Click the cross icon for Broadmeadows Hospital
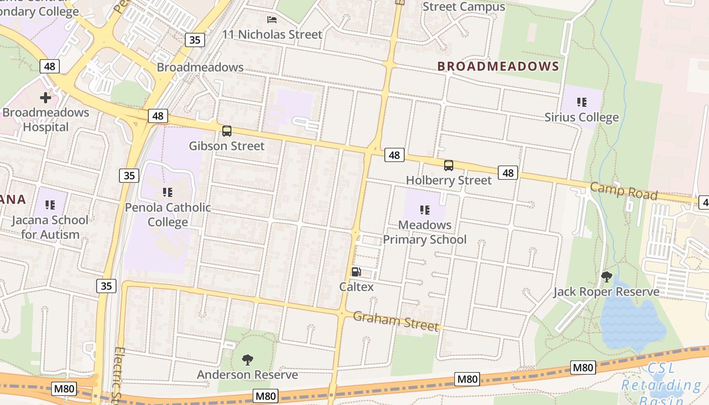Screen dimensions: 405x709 (46, 97)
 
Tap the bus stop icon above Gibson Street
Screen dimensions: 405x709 (227, 131)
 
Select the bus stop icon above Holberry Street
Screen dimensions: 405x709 (449, 166)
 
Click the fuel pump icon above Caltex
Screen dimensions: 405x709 (357, 272)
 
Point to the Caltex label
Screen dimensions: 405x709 (357, 287)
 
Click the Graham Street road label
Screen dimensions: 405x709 (396, 321)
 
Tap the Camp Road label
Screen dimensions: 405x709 (623, 191)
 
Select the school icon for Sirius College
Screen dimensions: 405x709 (581, 102)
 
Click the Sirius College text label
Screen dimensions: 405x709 (581, 117)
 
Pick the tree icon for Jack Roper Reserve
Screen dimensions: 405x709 (606, 277)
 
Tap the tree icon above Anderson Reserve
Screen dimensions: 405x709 (248, 360)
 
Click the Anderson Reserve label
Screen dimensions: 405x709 (248, 375)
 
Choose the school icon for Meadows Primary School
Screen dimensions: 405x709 (424, 210)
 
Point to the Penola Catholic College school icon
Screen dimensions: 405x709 (168, 192)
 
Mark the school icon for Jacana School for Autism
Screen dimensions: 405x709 (50, 205)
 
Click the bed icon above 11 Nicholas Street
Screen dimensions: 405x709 (272, 20)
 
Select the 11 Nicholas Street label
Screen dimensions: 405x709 (272, 34)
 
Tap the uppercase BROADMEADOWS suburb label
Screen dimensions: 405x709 (498, 66)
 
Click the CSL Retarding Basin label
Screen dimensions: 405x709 (661, 385)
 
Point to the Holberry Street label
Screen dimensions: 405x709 (449, 180)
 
